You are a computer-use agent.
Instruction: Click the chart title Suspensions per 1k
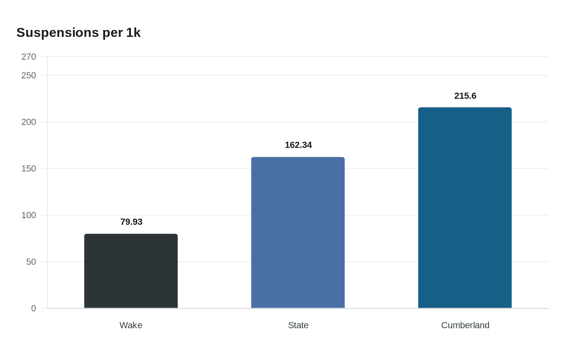(78, 33)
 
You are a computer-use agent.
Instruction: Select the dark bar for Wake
(131, 271)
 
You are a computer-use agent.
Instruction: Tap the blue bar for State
(298, 232)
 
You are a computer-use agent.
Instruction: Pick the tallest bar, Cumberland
(465, 208)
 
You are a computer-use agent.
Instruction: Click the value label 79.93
(131, 222)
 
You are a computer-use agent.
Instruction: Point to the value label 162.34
(298, 145)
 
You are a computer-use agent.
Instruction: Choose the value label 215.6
(465, 96)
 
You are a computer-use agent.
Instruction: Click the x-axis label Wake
(131, 325)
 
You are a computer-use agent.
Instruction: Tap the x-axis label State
(298, 325)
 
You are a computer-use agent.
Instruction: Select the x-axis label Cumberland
(465, 325)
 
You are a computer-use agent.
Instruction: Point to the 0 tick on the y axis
(34, 308)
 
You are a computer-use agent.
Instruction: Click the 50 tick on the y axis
(31, 262)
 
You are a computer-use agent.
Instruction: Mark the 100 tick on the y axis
(29, 215)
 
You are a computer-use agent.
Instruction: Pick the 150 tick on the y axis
(29, 169)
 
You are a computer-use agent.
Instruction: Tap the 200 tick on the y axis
(29, 122)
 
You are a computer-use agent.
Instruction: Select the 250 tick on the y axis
(29, 75)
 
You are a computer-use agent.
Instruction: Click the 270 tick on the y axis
(29, 57)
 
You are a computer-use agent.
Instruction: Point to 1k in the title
(133, 33)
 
